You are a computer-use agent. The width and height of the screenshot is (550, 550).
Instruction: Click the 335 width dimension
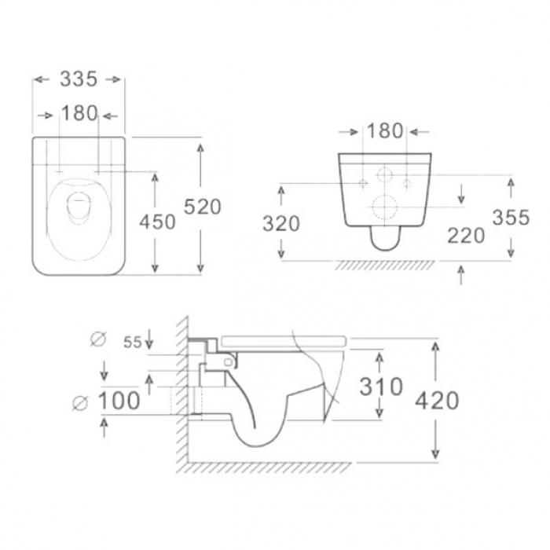[x=79, y=79]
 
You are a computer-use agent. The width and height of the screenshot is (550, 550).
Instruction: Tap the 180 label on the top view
[x=79, y=113]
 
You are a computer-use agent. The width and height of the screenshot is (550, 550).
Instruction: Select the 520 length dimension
[x=203, y=206]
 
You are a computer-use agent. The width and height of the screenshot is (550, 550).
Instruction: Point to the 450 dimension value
[x=157, y=222]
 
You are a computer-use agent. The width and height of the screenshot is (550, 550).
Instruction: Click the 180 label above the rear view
[x=385, y=130]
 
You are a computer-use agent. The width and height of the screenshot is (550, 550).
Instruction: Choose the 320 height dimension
[x=281, y=223]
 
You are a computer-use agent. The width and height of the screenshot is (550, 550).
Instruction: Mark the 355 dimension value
[x=511, y=217]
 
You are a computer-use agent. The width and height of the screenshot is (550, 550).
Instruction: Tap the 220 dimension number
[x=466, y=236]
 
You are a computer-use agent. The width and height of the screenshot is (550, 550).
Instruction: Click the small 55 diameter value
[x=133, y=343]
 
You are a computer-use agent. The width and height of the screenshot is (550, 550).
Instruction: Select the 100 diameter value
[x=119, y=401]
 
